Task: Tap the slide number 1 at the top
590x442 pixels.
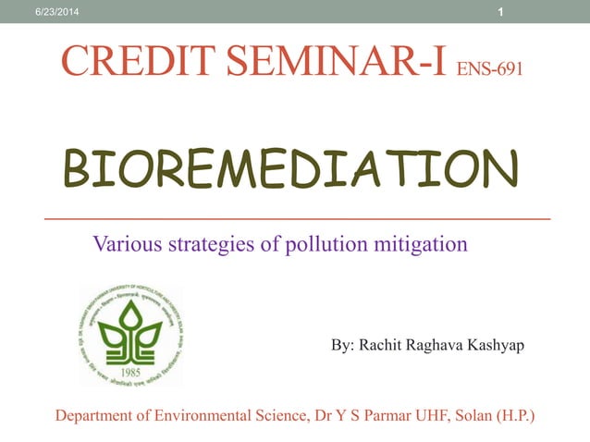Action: [500, 11]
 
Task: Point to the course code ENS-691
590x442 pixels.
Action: [491, 68]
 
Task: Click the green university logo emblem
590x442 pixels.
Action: [130, 335]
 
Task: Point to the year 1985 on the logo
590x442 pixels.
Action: [130, 374]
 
